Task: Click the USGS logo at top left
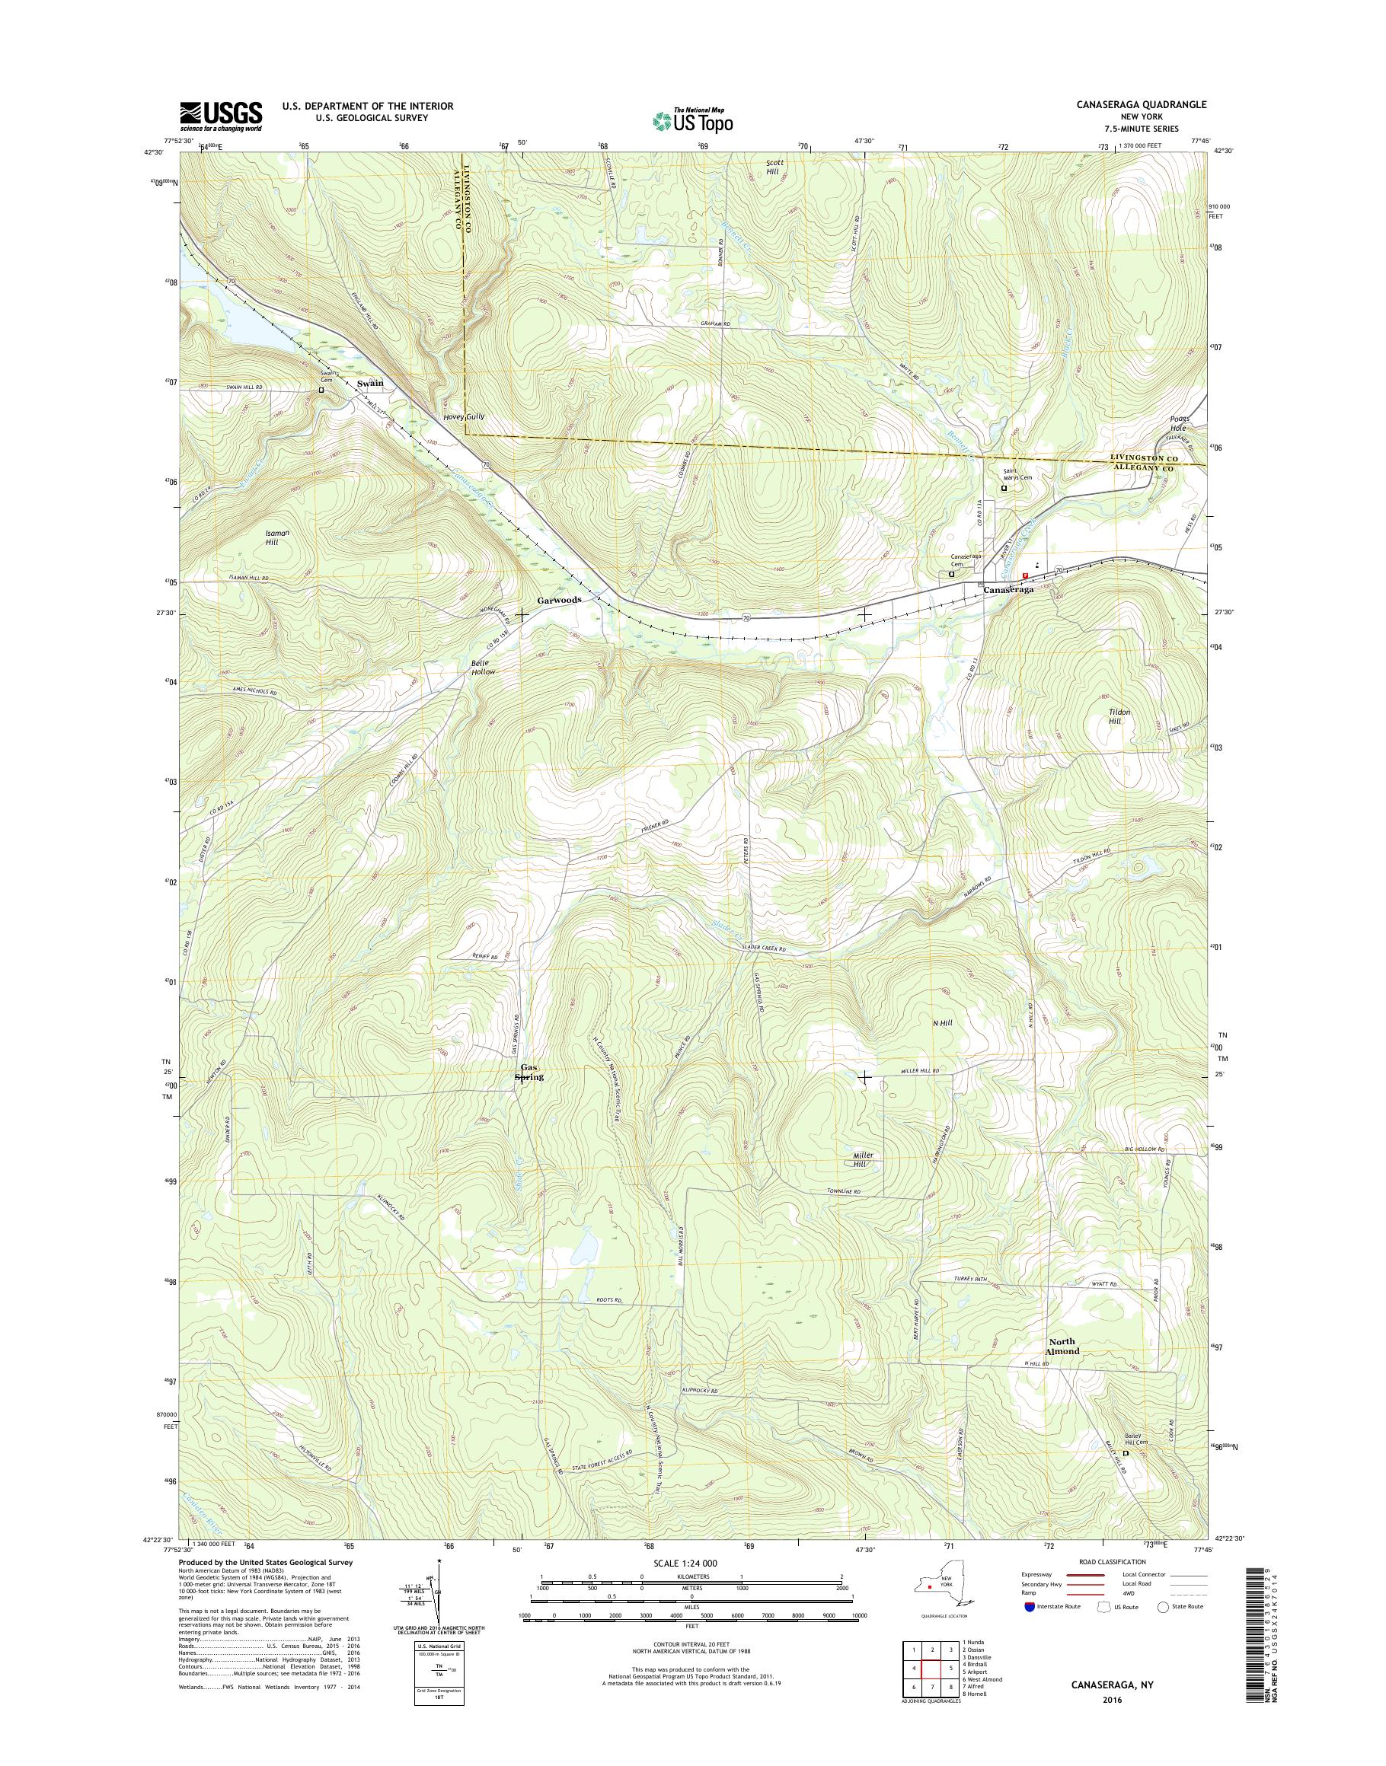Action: pyautogui.click(x=220, y=116)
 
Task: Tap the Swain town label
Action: pyautogui.click(x=370, y=383)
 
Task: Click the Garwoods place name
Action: pyautogui.click(x=559, y=600)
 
